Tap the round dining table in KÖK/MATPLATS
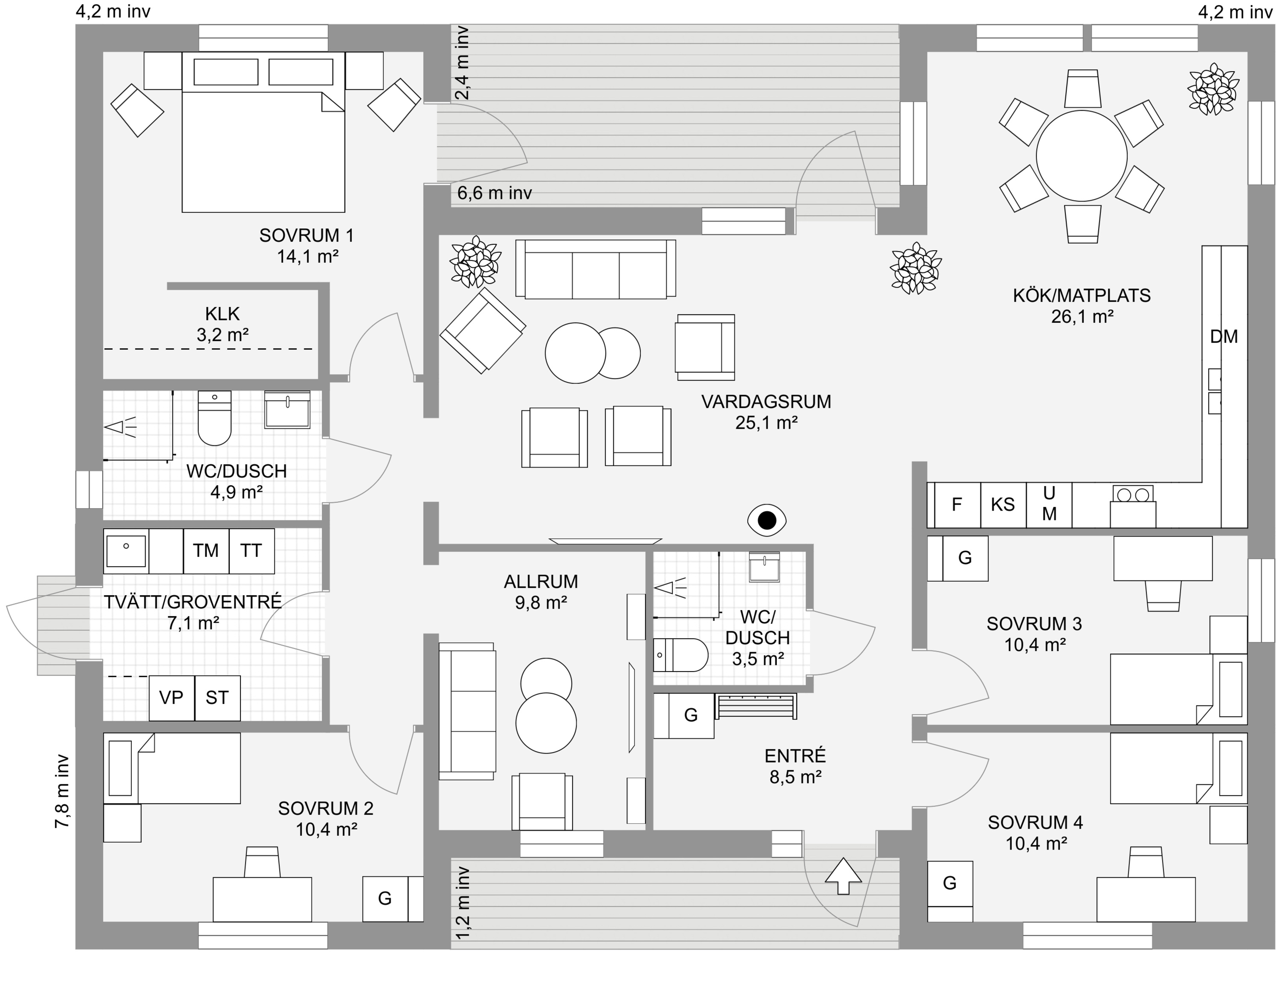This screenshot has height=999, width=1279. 1082,156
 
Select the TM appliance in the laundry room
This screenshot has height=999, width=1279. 206,551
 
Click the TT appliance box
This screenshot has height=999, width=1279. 251,551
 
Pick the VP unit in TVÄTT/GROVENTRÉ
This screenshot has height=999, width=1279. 172,698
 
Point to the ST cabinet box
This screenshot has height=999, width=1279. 217,698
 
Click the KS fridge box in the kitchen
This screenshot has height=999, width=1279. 1003,505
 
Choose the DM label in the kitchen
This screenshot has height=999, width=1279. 1224,337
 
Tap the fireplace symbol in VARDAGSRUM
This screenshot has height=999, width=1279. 767,520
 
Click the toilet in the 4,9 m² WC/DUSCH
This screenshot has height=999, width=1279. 215,418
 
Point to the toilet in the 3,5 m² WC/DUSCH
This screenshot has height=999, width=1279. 681,655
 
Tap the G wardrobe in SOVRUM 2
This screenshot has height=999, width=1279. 385,899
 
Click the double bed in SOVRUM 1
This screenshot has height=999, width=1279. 264,132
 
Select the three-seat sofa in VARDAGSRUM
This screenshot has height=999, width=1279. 596,269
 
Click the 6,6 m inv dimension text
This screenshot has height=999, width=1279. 495,193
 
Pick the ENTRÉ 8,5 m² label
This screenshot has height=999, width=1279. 795,766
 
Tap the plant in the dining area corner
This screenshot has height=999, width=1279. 1213,89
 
